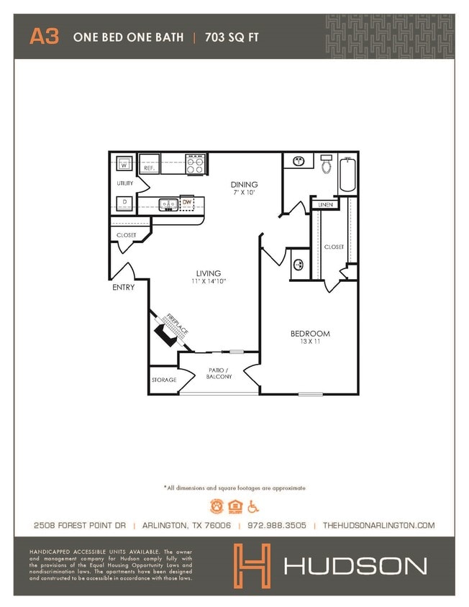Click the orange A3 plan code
coord(44,37)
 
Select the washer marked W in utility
coord(124,165)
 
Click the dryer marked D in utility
coord(124,203)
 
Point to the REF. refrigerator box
coord(149,165)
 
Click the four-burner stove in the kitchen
coord(195,164)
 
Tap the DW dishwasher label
coord(187,204)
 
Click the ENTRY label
coord(123,288)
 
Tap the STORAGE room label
coord(163,380)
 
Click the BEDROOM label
coord(310,334)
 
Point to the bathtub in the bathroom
coord(347,174)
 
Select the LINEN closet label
coord(324,205)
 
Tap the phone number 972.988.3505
coord(277,526)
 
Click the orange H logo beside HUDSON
coord(252,564)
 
